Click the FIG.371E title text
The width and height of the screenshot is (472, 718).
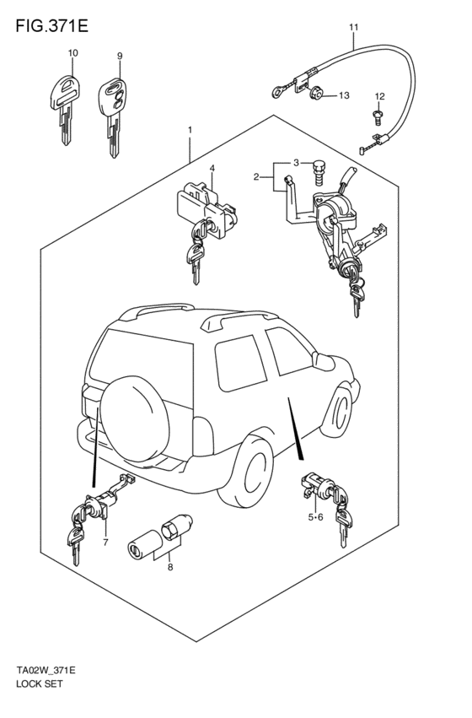coord(51,26)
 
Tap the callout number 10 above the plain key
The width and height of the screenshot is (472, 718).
coord(72,52)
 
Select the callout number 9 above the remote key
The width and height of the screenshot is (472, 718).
coord(120,56)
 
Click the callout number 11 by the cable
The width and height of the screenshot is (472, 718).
coord(353,28)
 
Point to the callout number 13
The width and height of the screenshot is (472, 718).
coord(344,95)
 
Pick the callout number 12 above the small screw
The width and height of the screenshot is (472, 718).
coord(379,96)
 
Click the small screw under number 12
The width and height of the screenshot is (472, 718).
coord(378,116)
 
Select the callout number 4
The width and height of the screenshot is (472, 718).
coord(212,169)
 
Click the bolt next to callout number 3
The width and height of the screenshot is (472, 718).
coord(319,172)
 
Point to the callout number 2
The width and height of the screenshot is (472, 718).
coord(256,176)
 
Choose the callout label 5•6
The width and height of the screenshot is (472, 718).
coord(315,517)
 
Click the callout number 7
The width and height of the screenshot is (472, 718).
coord(105,543)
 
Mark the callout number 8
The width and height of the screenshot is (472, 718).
coord(170,567)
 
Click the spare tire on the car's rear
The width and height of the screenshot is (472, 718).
coord(135,420)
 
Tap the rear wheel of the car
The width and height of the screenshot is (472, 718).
coord(247,471)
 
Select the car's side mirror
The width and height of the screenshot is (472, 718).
coord(324,362)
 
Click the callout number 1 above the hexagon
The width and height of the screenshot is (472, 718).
coord(190,130)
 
